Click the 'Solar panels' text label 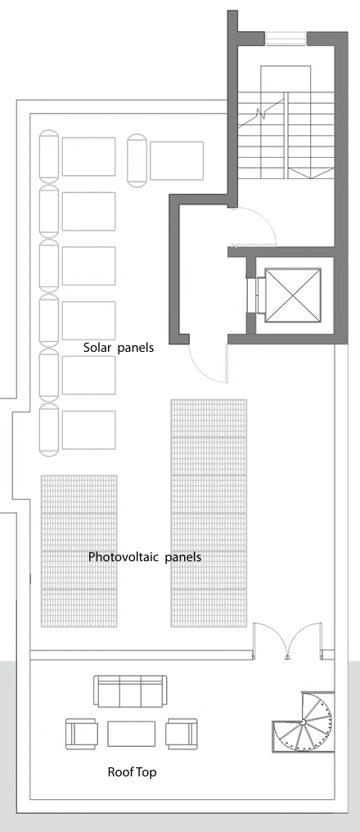click(119, 348)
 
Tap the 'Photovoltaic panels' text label click(145, 557)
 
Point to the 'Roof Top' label click(133, 772)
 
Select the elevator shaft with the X click(293, 295)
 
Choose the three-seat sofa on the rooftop click(130, 691)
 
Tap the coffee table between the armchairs click(132, 734)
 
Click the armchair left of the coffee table click(82, 734)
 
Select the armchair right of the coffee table click(182, 734)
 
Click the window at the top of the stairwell click(286, 38)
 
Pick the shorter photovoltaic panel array click(79, 551)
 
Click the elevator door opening click(259, 295)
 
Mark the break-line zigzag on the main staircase click(261, 113)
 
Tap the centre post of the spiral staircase click(302, 722)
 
